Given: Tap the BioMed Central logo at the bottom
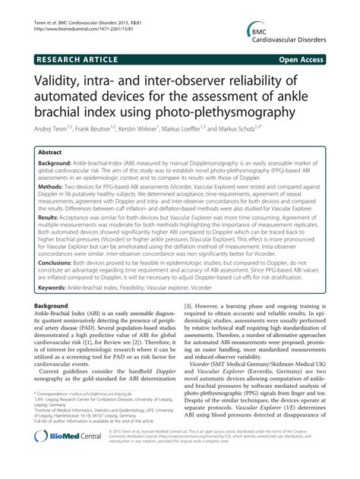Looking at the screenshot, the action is click(67, 460).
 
